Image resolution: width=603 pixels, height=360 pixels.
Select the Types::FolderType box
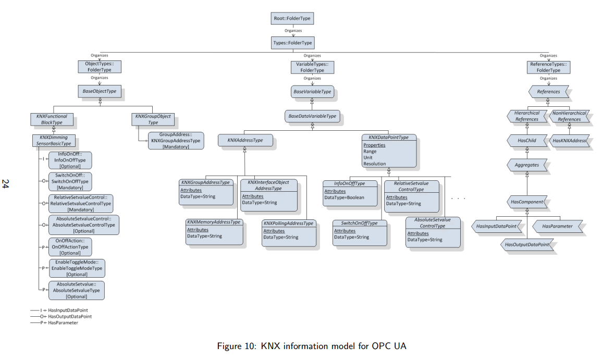click(x=293, y=42)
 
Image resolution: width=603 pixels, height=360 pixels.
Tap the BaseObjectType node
click(x=100, y=92)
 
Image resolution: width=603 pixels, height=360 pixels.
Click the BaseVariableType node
click(x=312, y=92)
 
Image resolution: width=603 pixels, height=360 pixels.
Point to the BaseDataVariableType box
click(x=312, y=116)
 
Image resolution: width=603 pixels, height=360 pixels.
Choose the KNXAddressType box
click(x=244, y=140)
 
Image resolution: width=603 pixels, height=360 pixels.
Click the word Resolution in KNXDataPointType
click(x=375, y=164)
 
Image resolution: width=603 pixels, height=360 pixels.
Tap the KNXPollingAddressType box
click(x=289, y=232)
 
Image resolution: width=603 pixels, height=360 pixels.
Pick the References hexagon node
click(x=548, y=92)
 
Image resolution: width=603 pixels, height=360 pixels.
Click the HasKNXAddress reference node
click(x=570, y=141)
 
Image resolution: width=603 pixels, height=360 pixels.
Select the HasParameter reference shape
click(x=557, y=226)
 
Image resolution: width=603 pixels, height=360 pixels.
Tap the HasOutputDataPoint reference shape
click(x=527, y=244)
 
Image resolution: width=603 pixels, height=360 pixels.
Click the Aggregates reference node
click(x=527, y=165)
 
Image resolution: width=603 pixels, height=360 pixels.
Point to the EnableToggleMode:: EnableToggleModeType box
click(x=77, y=268)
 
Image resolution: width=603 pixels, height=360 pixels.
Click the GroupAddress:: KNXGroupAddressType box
click(x=176, y=141)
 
